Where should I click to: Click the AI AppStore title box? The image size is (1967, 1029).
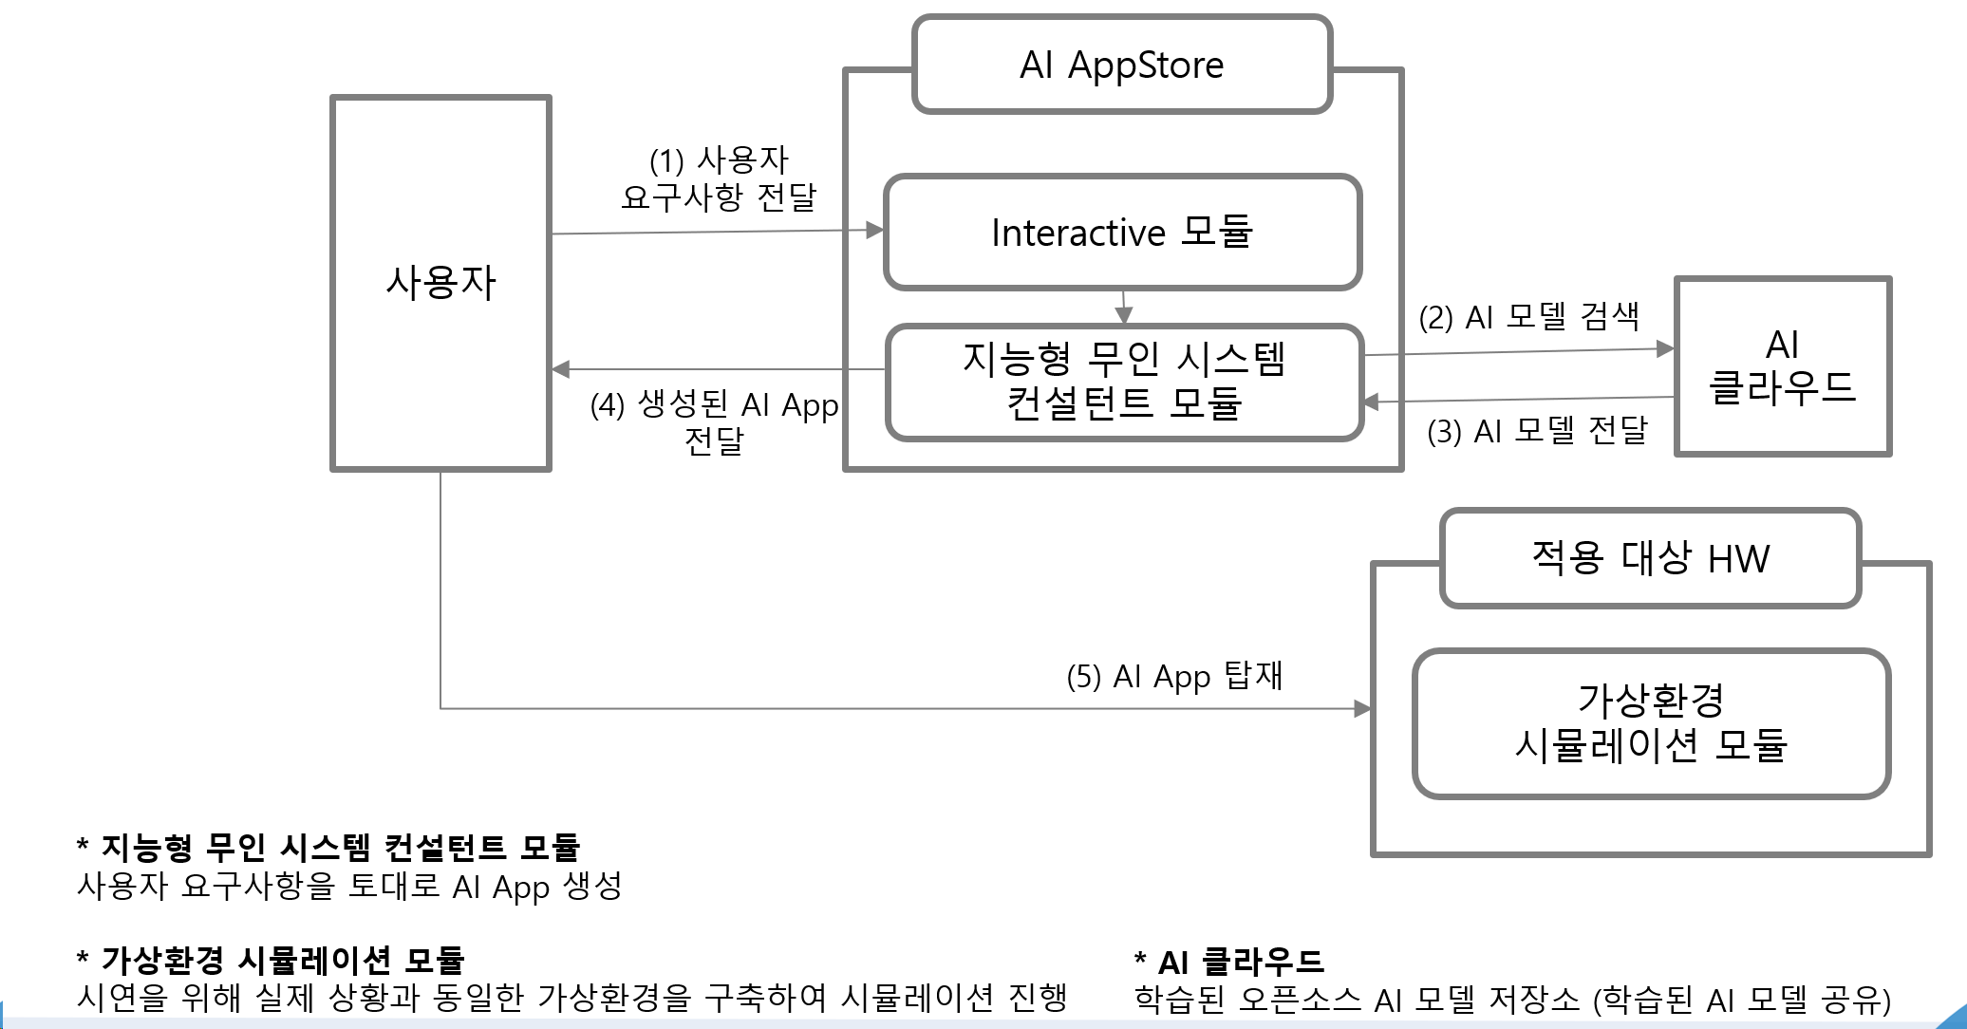pyautogui.click(x=1122, y=65)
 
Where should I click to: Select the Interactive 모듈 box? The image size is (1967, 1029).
pyautogui.click(x=1122, y=233)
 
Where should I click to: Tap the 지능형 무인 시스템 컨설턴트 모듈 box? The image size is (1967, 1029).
pyautogui.click(x=1124, y=382)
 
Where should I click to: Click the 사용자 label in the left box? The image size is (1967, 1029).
pyautogui.click(x=440, y=282)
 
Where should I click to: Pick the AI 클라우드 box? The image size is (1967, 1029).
pyautogui.click(x=1783, y=366)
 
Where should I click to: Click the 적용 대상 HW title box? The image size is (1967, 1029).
pyautogui.click(x=1650, y=558)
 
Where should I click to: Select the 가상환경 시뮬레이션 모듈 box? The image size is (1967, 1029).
pyautogui.click(x=1651, y=723)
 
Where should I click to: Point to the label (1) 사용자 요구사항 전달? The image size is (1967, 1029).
pyautogui.click(x=719, y=178)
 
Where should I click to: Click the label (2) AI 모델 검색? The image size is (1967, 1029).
pyautogui.click(x=1528, y=316)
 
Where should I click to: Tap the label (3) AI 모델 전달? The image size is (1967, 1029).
pyautogui.click(x=1537, y=431)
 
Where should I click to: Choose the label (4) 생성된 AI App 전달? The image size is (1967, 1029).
pyautogui.click(x=714, y=421)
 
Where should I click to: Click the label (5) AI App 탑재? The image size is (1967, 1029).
pyautogui.click(x=1174, y=676)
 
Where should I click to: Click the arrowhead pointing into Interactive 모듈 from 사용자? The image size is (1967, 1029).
pyautogui.click(x=874, y=230)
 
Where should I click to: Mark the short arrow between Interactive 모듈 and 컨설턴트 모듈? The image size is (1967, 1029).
pyautogui.click(x=1124, y=308)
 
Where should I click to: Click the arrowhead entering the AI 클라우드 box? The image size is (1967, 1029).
pyautogui.click(x=1665, y=349)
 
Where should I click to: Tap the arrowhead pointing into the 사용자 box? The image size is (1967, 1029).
pyautogui.click(x=561, y=369)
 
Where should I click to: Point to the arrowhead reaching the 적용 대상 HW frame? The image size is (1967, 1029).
pyautogui.click(x=1362, y=708)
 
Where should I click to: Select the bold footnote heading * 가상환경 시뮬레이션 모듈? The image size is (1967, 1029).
pyautogui.click(x=271, y=960)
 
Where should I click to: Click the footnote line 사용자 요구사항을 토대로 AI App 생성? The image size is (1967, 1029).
pyautogui.click(x=349, y=887)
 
